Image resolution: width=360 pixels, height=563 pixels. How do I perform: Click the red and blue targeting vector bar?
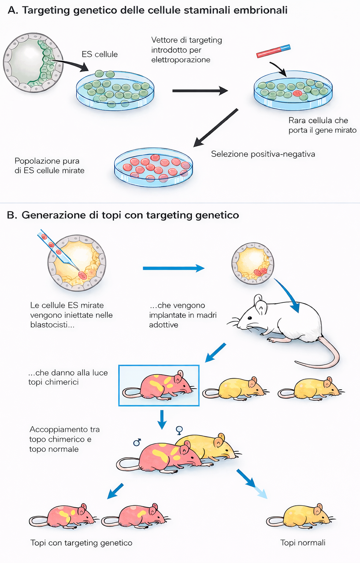point(273,51)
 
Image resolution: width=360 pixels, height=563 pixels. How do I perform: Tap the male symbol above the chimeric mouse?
point(137,442)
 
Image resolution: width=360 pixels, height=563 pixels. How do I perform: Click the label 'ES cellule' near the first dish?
point(100,54)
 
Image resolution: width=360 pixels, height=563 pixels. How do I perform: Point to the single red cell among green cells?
point(297,93)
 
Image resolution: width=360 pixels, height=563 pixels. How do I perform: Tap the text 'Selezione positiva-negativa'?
point(263,154)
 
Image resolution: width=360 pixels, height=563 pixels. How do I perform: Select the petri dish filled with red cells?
point(153,168)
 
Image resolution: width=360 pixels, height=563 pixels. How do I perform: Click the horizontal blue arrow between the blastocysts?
point(173,268)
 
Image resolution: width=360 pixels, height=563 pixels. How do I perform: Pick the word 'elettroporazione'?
point(181,60)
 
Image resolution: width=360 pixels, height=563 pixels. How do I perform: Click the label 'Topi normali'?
point(303,543)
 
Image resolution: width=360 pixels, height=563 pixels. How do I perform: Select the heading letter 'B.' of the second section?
point(12,215)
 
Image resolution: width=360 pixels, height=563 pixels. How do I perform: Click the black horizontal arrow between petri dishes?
point(200,91)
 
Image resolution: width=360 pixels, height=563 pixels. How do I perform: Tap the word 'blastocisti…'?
point(52,325)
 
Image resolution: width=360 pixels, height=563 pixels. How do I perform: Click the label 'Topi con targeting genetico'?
point(81,543)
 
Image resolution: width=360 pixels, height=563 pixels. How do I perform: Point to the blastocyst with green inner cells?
point(33,62)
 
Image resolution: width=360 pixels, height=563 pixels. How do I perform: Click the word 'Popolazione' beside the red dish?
point(36,161)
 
